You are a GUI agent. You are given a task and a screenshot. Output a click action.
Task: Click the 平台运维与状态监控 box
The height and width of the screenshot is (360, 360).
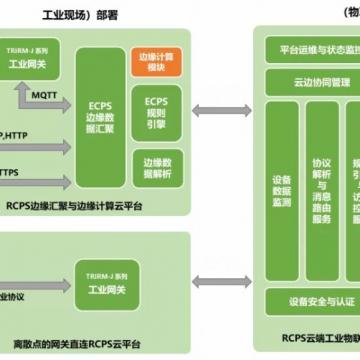click(x=312, y=50)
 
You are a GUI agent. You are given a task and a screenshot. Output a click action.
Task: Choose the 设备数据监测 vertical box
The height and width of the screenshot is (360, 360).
click(x=281, y=176)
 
